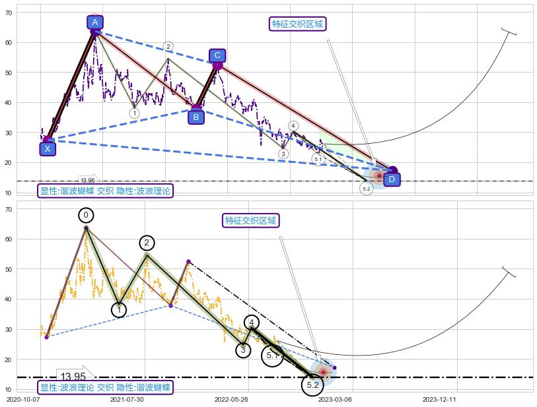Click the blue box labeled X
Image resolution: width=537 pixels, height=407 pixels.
click(x=47, y=148)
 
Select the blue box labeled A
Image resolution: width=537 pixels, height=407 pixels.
click(x=95, y=22)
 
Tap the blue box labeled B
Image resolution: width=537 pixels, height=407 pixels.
click(x=196, y=117)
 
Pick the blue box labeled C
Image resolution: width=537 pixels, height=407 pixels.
click(x=217, y=55)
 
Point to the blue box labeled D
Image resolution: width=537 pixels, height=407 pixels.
click(x=391, y=179)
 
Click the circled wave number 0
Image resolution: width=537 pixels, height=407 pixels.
click(x=86, y=215)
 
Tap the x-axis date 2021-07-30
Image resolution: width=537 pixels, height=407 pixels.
click(x=127, y=399)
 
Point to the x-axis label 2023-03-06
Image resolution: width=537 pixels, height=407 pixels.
click(x=336, y=399)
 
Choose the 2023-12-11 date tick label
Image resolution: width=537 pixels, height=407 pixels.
click(x=440, y=399)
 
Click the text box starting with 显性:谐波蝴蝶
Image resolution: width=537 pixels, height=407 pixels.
click(x=105, y=191)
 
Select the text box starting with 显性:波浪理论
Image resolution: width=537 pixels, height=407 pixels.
click(x=105, y=387)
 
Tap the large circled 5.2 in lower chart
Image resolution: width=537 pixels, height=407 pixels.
click(x=312, y=385)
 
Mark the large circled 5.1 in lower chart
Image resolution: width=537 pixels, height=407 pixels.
click(x=272, y=356)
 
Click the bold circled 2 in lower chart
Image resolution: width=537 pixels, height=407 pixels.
click(x=147, y=243)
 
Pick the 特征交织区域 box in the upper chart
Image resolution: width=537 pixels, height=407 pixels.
click(x=298, y=24)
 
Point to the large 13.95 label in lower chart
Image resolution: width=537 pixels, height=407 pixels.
click(x=73, y=377)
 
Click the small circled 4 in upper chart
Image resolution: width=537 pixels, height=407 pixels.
click(x=293, y=126)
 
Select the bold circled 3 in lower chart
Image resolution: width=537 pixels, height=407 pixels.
click(x=243, y=350)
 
